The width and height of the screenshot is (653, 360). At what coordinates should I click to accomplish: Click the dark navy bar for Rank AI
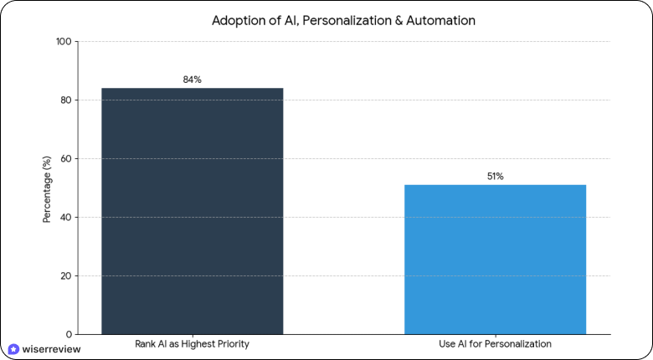pos(192,211)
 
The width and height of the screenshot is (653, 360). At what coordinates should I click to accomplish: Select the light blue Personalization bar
pos(495,260)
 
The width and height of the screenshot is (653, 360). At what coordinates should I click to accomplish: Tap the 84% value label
pos(192,80)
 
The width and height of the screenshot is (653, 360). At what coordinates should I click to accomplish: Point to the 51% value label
pos(495,177)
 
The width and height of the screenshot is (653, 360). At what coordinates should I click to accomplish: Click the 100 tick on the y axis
pos(64,42)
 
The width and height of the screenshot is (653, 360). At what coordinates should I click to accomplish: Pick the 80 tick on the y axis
pos(66,100)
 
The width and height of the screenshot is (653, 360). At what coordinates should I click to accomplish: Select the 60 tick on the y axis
pos(66,159)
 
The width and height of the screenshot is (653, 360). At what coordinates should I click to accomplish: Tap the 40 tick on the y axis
pos(66,218)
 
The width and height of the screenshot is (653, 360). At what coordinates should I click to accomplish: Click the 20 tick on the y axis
pos(66,276)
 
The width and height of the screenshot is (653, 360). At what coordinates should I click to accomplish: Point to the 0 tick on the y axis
pos(69,335)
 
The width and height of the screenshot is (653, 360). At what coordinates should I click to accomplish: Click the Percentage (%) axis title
pos(48,188)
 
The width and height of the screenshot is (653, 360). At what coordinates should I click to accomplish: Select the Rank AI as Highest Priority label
pos(192,344)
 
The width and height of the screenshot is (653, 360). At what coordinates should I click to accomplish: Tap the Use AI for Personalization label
pos(495,344)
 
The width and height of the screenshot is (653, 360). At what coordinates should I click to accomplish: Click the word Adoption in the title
pos(238,19)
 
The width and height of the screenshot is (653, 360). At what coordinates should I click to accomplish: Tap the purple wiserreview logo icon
pos(13,349)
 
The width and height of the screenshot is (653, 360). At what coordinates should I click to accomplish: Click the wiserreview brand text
pos(52,349)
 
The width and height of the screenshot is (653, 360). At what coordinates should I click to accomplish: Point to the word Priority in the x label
pos(233,344)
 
